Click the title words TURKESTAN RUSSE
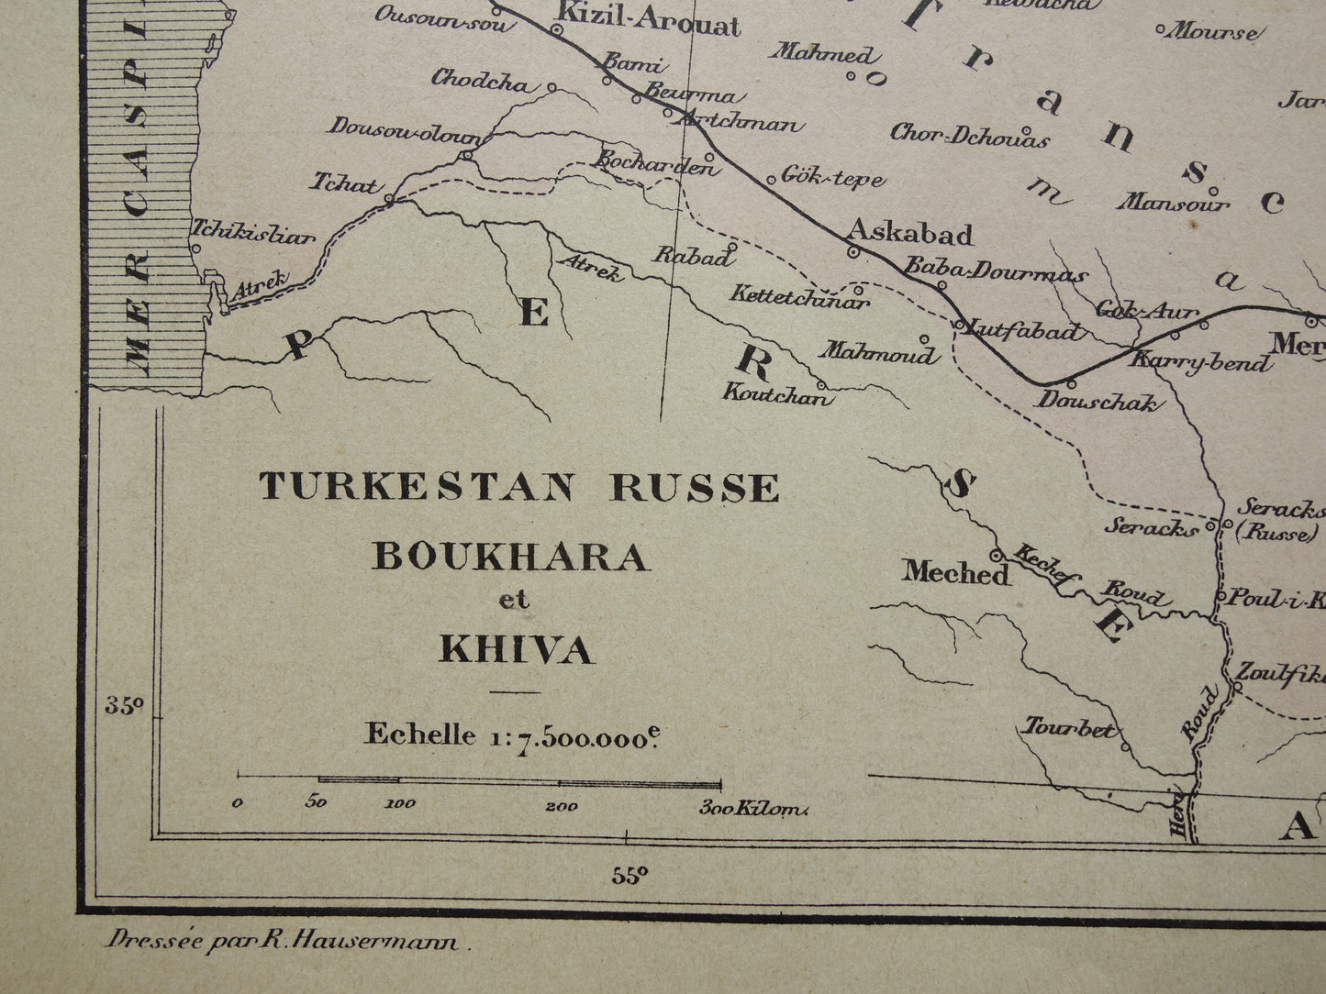coord(519,487)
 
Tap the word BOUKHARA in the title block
coord(510,557)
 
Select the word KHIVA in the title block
coord(517,649)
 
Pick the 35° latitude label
coord(124,705)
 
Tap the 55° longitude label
coord(630,875)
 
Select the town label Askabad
coord(909,233)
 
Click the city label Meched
coord(955,573)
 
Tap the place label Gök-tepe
coord(833,177)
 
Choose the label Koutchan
coord(777,396)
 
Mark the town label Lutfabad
coord(1026,331)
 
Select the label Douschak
coord(1098,401)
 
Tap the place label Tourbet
coord(1070,730)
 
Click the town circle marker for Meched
coord(996,555)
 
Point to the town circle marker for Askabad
coord(852,251)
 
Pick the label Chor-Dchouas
coord(970,136)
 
